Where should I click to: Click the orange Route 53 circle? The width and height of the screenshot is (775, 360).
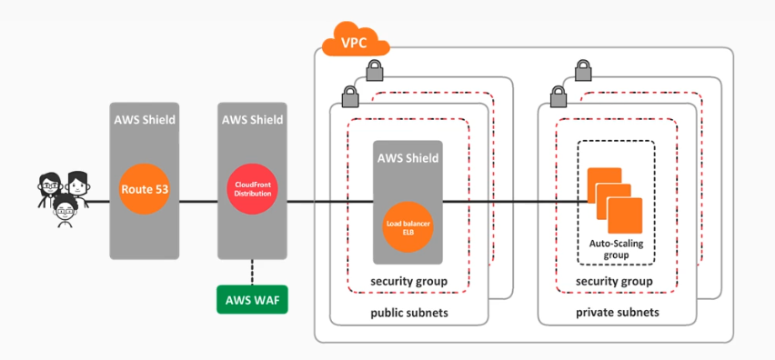point(145,189)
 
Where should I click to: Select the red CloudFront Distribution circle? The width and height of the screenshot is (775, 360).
point(253,189)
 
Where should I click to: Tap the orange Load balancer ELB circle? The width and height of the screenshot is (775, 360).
point(408,227)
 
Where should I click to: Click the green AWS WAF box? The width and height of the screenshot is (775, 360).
point(252,299)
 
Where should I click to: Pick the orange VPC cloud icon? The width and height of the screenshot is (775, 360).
point(356,39)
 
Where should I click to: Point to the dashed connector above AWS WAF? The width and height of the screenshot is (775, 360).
point(252,272)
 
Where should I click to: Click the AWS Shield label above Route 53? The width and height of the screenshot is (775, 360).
point(145,120)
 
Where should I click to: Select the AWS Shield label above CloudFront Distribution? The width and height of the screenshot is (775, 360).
point(253,120)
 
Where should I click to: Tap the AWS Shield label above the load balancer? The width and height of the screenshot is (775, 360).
point(408,158)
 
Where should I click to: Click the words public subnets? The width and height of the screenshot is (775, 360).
point(409,313)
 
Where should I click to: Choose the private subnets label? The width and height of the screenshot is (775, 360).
point(618,313)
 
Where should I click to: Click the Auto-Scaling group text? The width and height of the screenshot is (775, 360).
point(616,249)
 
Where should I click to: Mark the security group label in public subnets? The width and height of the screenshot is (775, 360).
point(408,282)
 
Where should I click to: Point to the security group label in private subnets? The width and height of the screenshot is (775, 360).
point(614,282)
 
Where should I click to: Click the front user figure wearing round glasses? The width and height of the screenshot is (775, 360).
point(65,211)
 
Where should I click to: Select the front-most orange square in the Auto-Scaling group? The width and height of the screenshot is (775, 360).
point(625,215)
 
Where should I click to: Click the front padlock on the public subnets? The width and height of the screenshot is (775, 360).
point(349,95)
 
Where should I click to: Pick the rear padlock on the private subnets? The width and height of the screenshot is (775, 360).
point(583,71)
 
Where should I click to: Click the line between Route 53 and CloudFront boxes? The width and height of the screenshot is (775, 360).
point(198,202)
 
